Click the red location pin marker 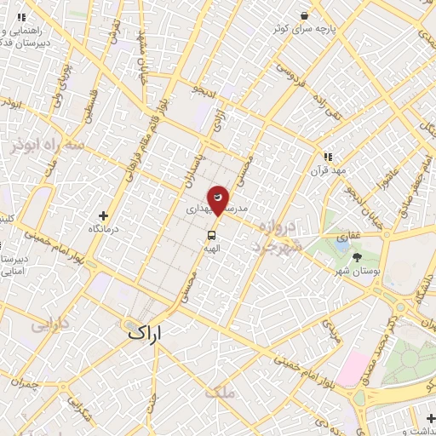pos(219,199)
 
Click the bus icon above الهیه pos(209,234)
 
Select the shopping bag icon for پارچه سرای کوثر pos(305,14)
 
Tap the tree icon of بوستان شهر pos(356,256)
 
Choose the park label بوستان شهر pos(355,271)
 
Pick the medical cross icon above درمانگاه pos(103,216)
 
